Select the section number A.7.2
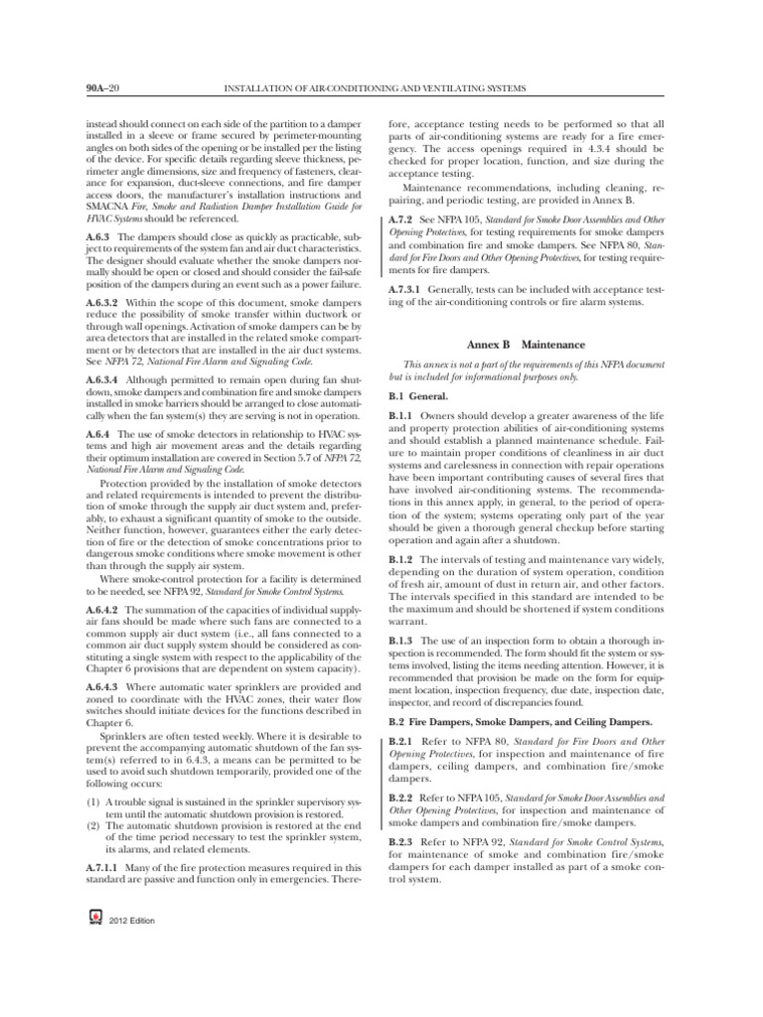tap(399, 216)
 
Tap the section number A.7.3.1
tap(404, 289)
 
